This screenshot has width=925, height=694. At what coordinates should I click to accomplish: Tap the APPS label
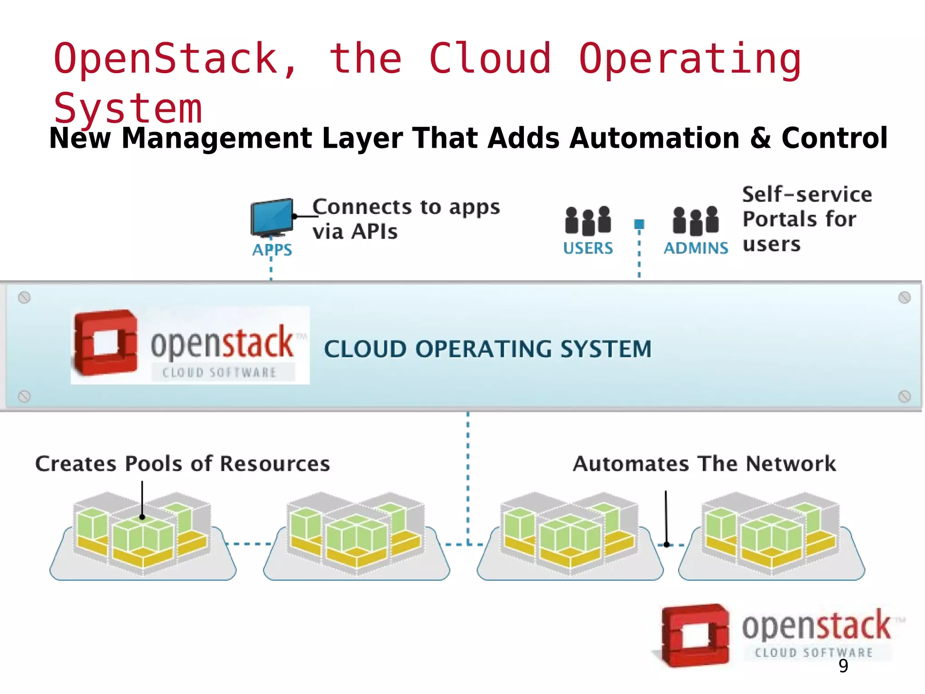272,249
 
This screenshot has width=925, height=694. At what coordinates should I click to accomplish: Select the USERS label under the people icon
588,248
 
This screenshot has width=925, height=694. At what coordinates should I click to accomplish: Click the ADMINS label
696,248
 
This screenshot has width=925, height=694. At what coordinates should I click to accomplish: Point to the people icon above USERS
588,220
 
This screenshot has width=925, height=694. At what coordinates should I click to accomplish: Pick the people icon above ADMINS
696,220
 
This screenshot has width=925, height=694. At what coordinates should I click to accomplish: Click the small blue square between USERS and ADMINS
639,224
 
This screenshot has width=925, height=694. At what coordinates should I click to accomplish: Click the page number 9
843,666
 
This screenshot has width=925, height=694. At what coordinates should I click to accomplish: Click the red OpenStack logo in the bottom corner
695,635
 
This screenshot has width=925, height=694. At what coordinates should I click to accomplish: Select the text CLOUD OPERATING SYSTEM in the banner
487,349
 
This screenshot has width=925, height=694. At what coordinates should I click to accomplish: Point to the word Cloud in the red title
490,58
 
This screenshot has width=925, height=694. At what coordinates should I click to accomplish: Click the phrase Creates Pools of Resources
182,464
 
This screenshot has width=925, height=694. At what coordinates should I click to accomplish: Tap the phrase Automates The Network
704,464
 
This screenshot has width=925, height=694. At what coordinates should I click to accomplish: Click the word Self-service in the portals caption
807,194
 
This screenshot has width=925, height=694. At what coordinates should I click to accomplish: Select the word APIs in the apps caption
374,232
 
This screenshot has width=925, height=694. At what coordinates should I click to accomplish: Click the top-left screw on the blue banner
24,297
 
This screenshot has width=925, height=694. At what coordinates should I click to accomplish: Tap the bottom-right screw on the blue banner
904,397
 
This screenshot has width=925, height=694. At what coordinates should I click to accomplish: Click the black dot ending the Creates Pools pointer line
142,517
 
